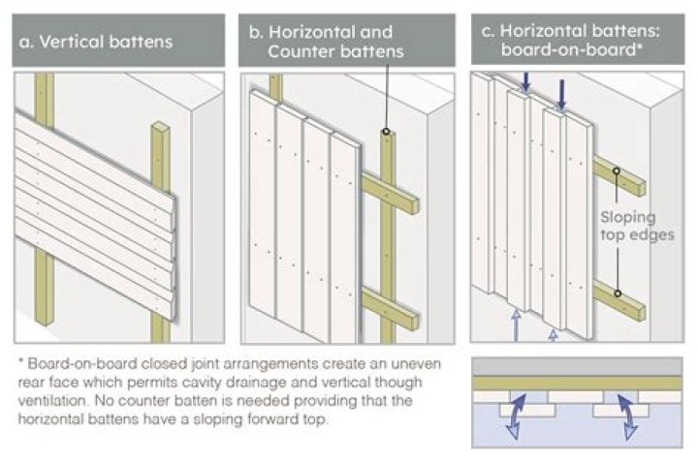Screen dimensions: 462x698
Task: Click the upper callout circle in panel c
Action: [x=617, y=172]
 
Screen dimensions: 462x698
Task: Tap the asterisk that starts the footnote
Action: [x=21, y=360]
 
